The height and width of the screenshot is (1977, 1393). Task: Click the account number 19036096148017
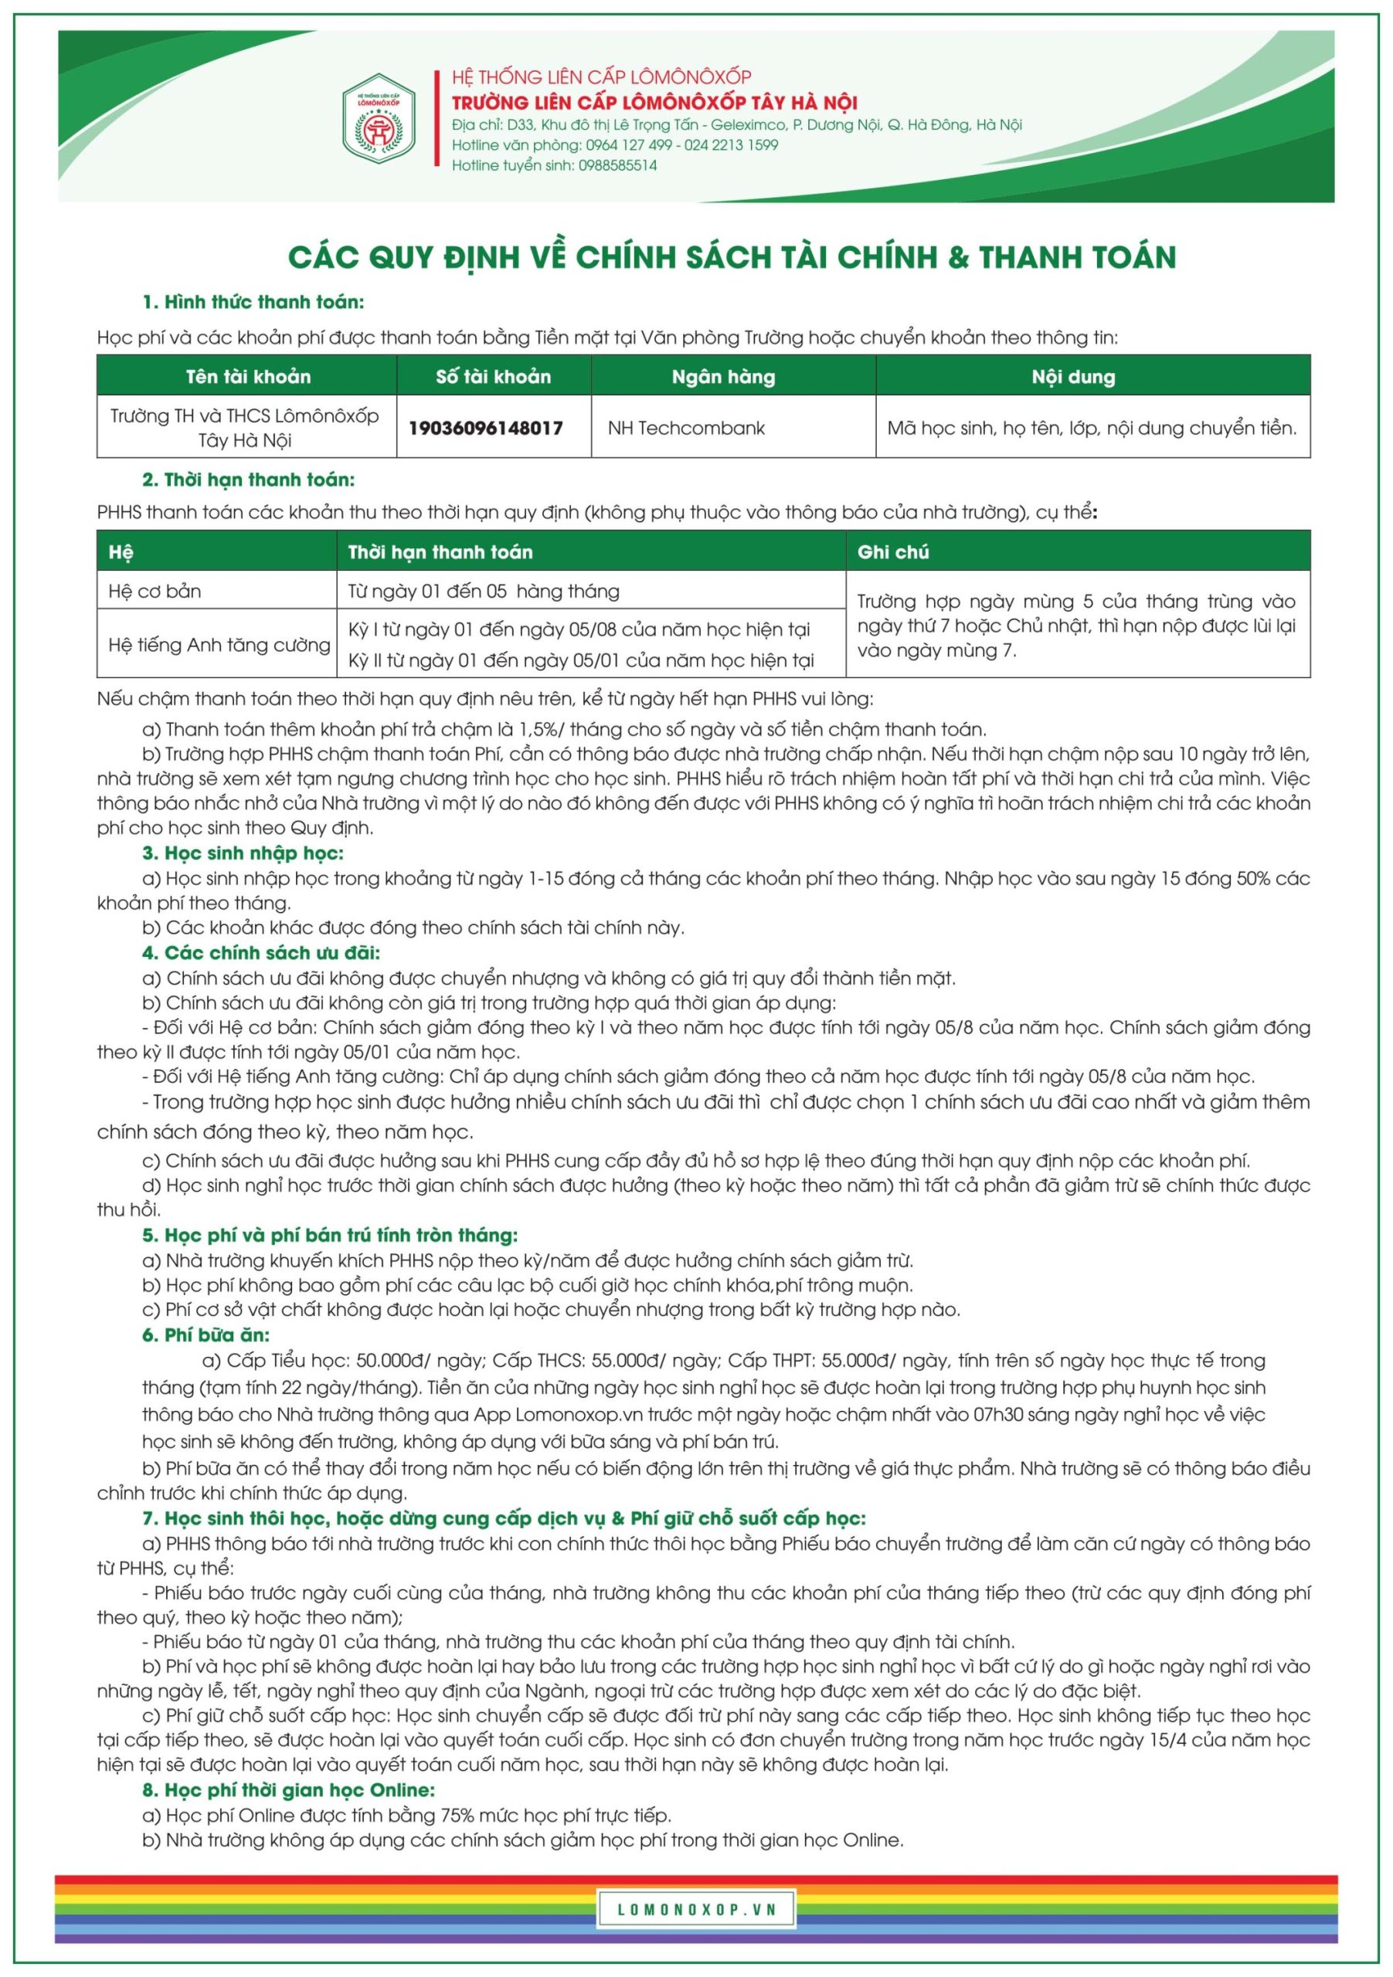(x=485, y=428)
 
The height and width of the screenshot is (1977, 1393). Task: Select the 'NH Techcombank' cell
(x=686, y=428)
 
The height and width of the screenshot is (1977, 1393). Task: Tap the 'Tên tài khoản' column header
(x=248, y=376)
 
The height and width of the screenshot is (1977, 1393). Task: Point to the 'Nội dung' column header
(x=1072, y=376)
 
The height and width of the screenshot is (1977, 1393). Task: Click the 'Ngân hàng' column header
(x=723, y=376)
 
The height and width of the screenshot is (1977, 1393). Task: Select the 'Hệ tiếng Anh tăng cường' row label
(x=219, y=645)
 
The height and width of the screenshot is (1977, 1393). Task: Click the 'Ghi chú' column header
(x=892, y=552)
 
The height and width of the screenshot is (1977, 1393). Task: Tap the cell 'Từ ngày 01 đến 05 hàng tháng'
(x=484, y=592)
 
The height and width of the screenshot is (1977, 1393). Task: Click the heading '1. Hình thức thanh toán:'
(x=253, y=302)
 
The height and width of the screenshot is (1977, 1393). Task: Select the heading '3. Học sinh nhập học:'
(x=243, y=853)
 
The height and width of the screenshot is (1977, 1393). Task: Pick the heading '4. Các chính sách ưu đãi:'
(x=261, y=952)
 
